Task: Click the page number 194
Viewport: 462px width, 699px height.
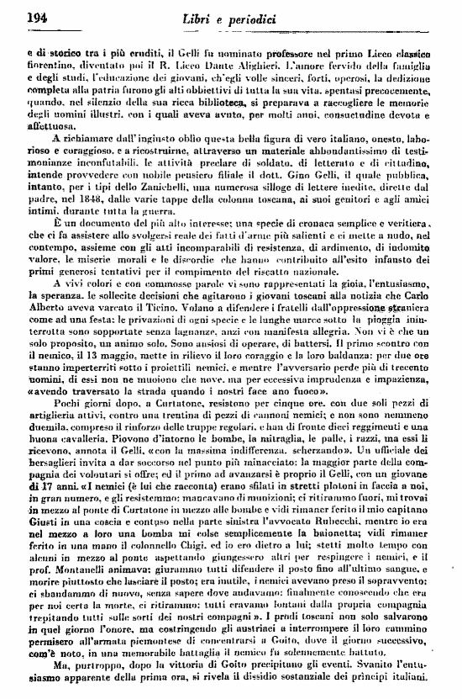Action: pos(36,16)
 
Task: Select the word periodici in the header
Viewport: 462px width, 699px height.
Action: pos(275,17)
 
